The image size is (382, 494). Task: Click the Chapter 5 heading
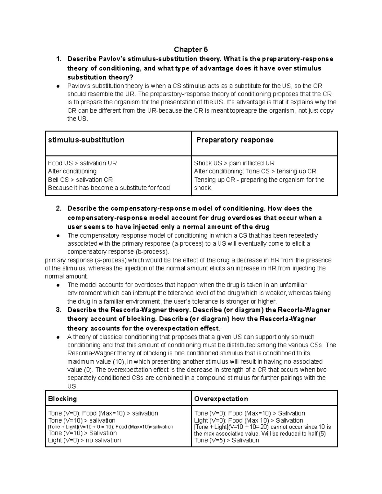[191, 50]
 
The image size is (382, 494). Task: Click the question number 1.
[58, 59]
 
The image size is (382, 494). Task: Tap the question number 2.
[58, 209]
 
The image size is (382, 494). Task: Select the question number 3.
[58, 310]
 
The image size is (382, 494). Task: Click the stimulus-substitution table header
[86, 140]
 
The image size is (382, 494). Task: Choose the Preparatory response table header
[235, 140]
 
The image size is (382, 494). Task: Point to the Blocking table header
[62, 399]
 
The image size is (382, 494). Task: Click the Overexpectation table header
[221, 399]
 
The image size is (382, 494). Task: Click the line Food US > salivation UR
[82, 163]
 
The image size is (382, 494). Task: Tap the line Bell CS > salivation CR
[80, 180]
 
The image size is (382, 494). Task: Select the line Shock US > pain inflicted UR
[234, 163]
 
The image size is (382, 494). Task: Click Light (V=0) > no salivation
[84, 440]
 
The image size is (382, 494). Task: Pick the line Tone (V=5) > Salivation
[227, 440]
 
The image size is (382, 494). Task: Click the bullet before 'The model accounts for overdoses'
[58, 285]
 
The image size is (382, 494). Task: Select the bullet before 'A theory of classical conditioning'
[58, 337]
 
